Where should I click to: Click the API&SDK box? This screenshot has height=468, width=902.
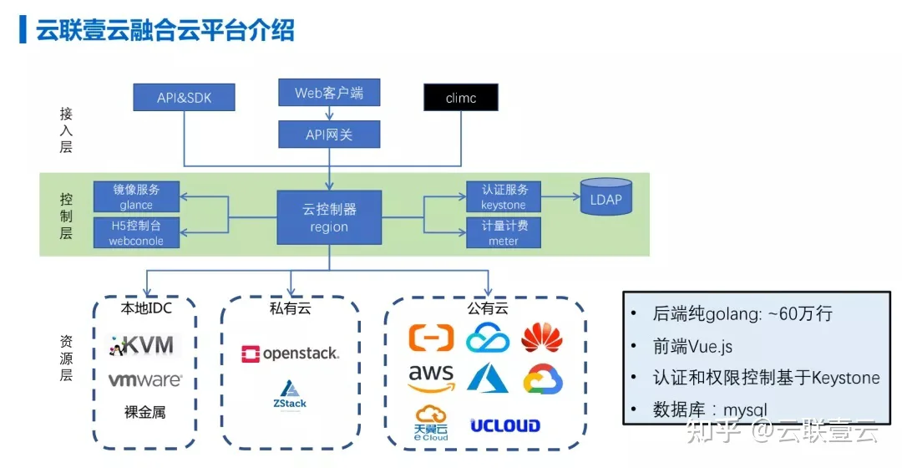pyautogui.click(x=184, y=97)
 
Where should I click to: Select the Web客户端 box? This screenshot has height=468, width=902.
pyautogui.click(x=329, y=93)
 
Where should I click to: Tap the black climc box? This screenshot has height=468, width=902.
pyautogui.click(x=461, y=97)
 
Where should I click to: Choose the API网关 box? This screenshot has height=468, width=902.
pyautogui.click(x=329, y=134)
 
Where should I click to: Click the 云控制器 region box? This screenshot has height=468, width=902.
pyautogui.click(x=329, y=217)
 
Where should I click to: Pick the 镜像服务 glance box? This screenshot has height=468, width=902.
pyautogui.click(x=136, y=197)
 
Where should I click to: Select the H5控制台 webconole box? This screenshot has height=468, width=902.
pyautogui.click(x=136, y=232)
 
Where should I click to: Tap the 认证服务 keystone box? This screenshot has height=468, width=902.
pyautogui.click(x=504, y=197)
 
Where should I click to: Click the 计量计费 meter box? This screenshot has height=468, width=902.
pyautogui.click(x=504, y=232)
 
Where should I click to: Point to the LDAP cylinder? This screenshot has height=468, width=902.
pyautogui.click(x=606, y=197)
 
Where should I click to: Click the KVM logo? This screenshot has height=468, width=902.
pyautogui.click(x=144, y=345)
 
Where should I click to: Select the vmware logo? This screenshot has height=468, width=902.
pyautogui.click(x=145, y=379)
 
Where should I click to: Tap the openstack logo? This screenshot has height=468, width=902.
pyautogui.click(x=290, y=354)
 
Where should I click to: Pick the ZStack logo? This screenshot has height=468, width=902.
pyautogui.click(x=290, y=395)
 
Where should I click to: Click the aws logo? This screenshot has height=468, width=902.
pyautogui.click(x=431, y=379)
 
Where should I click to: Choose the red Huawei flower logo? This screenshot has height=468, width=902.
pyautogui.click(x=542, y=338)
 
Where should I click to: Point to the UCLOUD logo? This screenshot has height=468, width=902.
pyautogui.click(x=505, y=425)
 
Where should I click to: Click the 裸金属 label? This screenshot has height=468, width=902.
pyautogui.click(x=145, y=412)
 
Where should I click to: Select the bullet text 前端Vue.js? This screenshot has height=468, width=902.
pyautogui.click(x=692, y=346)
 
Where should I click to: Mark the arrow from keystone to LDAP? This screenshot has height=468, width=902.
pyautogui.click(x=560, y=197)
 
